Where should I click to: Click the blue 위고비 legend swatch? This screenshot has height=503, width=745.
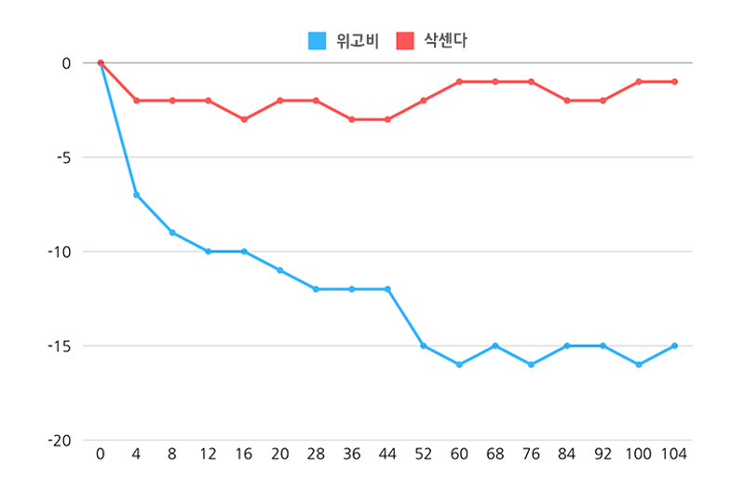317,41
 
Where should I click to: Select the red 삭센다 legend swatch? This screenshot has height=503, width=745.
405,41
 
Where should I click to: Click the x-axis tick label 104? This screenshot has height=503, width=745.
674,455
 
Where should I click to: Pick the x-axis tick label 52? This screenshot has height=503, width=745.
424,455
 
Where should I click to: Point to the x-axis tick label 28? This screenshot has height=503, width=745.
316,455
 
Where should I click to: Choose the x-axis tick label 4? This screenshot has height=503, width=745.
136,455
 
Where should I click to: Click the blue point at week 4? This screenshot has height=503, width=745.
136,195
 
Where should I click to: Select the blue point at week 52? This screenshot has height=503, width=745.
424,346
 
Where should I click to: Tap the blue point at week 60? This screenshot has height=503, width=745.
459,364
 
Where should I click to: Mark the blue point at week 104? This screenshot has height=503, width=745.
674,346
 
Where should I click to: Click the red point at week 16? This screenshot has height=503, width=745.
244,119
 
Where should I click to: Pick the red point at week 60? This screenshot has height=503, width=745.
459,82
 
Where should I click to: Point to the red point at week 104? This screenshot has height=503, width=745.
674,82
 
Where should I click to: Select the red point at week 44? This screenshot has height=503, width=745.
387,119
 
